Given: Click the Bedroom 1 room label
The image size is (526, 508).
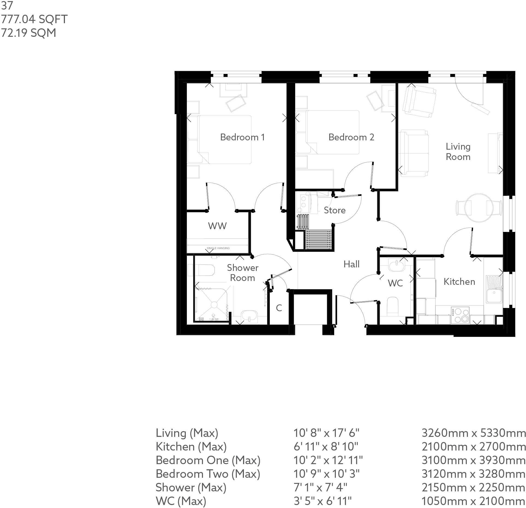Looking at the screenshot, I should pos(242,137).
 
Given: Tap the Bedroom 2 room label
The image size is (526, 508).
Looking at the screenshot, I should pos(351,137).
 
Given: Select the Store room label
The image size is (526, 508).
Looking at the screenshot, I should pos(334,210).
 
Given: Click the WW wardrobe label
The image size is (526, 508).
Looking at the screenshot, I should pos(217,226).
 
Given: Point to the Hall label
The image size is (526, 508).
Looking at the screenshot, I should pos(351,264).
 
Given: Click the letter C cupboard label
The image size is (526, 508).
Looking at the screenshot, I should pos(279,308).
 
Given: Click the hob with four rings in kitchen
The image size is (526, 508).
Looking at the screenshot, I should pos(460,315).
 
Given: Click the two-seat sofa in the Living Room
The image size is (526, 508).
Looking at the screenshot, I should pos(413,153).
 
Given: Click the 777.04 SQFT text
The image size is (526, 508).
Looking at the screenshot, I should pos(34,19).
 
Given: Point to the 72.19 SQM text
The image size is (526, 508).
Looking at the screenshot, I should pos(29,33).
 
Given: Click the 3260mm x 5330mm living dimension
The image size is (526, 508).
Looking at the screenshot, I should pos(473,433).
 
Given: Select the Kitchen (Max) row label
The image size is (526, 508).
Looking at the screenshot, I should pos(191,446).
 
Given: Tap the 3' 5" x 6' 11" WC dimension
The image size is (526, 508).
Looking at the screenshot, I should pos(322,501).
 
